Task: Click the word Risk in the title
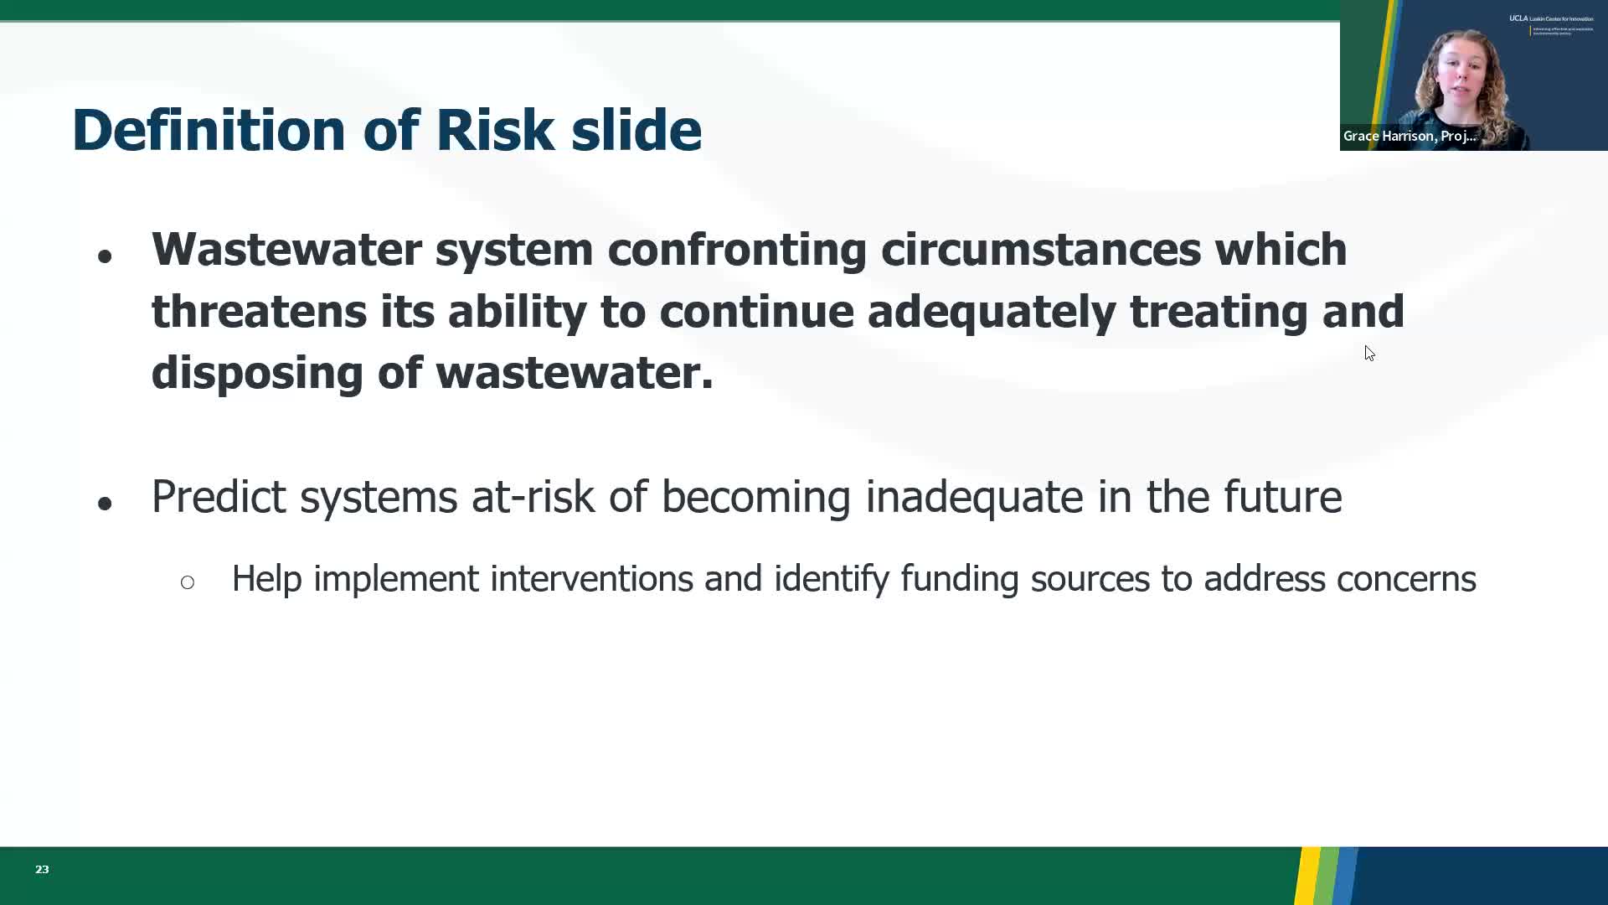[x=494, y=130]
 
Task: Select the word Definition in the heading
[x=209, y=130]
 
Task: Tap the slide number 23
[x=42, y=870]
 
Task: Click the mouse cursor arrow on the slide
[x=1369, y=353]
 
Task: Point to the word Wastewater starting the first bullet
[x=286, y=250]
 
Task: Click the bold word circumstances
[x=1040, y=250]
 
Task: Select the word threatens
[x=259, y=312]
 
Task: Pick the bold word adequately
[x=991, y=312]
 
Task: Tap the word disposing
[x=256, y=373]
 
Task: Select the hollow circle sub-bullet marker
[x=188, y=582]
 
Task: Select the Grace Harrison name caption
[x=1409, y=136]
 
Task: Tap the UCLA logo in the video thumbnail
[x=1518, y=18]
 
